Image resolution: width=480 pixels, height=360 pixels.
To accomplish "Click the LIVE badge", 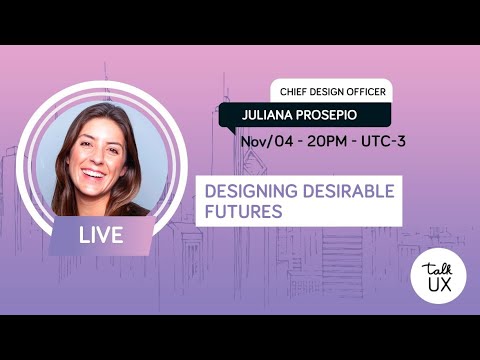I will [102, 236].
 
